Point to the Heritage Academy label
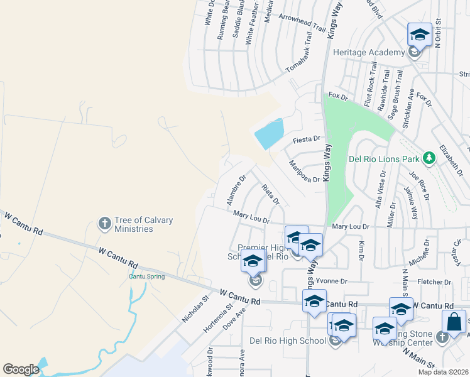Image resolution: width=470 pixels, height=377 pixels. pyautogui.click(x=368, y=52)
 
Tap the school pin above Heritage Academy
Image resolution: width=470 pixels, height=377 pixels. pyautogui.click(x=419, y=35)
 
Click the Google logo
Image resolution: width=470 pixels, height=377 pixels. pyautogui.click(x=21, y=369)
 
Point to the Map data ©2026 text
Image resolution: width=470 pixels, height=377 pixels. pyautogui.click(x=443, y=372)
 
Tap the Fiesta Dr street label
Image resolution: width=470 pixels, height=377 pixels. pyautogui.click(x=307, y=139)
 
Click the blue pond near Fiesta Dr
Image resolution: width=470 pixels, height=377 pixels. pyautogui.click(x=270, y=133)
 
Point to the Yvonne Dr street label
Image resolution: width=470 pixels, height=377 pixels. pyautogui.click(x=331, y=281)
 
